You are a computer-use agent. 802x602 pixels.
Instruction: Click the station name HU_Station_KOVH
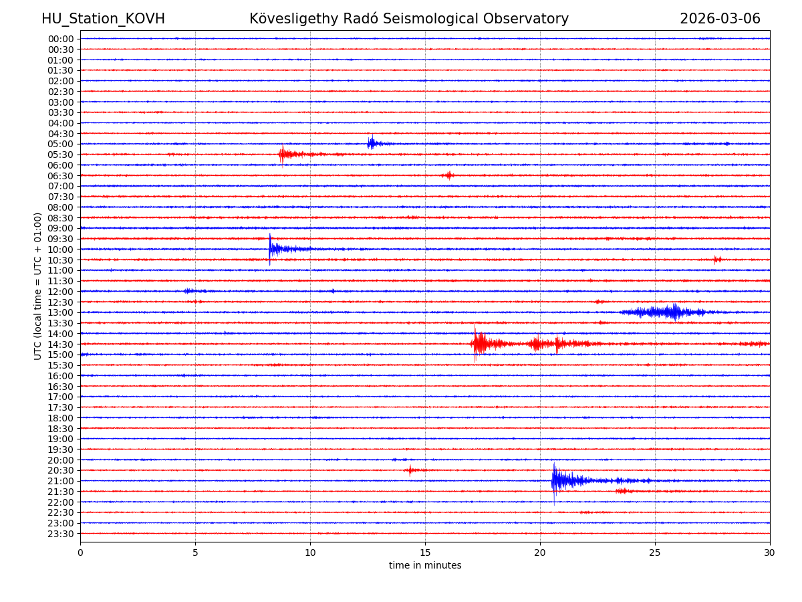[x=103, y=19]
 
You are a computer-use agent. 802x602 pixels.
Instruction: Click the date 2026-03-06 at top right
[x=720, y=19]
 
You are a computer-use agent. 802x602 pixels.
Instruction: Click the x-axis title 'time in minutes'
[x=425, y=565]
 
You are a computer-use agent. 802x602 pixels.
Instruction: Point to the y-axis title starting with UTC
[x=38, y=286]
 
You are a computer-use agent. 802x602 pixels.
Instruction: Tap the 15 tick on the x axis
[x=425, y=553]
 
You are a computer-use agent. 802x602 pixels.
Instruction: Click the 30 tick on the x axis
[x=770, y=553]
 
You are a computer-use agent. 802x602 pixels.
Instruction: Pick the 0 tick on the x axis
[x=80, y=553]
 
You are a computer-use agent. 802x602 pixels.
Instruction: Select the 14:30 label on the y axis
[x=61, y=344]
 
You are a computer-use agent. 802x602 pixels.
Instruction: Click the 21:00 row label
[x=61, y=481]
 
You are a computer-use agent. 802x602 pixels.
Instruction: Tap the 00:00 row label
[x=61, y=39]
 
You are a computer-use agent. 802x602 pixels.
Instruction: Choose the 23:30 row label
[x=61, y=534]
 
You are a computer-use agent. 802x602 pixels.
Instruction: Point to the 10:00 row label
[x=61, y=249]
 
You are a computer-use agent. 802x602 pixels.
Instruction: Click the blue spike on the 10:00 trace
[x=271, y=249]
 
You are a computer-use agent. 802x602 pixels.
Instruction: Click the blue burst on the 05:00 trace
[x=372, y=143]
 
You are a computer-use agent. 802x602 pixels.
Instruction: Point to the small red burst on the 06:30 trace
[x=448, y=175]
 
